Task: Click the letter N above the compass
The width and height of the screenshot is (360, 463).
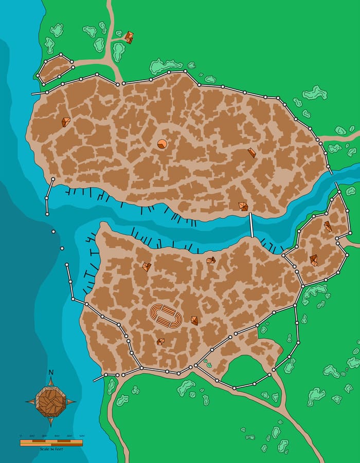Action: click(x=50, y=372)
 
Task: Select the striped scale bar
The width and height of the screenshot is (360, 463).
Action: click(x=51, y=442)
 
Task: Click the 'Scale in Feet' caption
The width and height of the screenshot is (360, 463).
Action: click(x=51, y=449)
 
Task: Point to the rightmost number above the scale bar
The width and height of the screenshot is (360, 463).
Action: click(x=81, y=436)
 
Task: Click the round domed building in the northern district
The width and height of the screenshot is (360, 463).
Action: click(x=161, y=144)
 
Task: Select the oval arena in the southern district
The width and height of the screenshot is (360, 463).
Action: click(x=165, y=316)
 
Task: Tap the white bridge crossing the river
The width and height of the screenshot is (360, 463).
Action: click(x=251, y=225)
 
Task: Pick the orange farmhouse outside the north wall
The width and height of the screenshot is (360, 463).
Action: click(x=128, y=37)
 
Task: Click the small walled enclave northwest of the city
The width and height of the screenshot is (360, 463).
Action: click(x=55, y=69)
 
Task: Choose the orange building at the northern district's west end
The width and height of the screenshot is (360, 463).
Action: click(x=66, y=122)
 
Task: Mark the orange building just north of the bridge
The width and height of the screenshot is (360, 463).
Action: click(x=243, y=206)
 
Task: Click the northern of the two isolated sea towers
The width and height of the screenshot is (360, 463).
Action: click(x=53, y=232)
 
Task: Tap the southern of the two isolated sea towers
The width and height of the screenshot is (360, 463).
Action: click(x=62, y=249)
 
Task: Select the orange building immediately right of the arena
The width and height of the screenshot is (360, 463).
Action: click(x=194, y=320)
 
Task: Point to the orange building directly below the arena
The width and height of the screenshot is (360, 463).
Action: click(x=160, y=341)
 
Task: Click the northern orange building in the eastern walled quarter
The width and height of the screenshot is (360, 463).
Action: click(x=328, y=226)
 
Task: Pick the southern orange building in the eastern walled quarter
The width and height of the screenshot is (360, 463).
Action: click(x=313, y=260)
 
